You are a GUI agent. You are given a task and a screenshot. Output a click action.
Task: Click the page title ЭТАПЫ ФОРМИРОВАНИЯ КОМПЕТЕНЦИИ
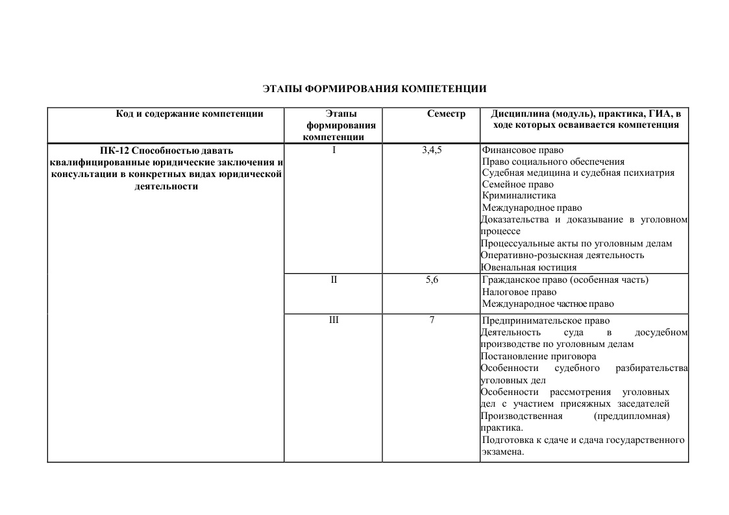(375, 88)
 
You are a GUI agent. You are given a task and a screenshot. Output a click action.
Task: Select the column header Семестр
(446, 114)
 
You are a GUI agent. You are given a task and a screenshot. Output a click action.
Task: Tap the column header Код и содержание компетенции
(190, 114)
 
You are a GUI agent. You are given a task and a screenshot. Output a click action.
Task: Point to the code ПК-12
(115, 150)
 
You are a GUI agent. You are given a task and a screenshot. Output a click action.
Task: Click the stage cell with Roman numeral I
(334, 150)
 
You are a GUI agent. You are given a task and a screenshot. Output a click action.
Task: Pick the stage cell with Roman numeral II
(334, 280)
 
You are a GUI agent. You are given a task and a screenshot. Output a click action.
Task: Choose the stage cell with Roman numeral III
(334, 320)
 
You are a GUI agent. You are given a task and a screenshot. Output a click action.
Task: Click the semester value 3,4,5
(432, 150)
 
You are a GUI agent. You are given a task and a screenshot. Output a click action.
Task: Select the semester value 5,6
(432, 280)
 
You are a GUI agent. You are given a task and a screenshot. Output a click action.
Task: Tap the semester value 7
(432, 320)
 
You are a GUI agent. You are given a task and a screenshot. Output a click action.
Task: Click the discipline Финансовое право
(518, 150)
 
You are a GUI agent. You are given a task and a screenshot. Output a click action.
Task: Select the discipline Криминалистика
(519, 196)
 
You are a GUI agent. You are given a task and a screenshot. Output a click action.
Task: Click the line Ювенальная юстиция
(528, 267)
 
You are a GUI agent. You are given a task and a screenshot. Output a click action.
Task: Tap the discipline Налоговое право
(519, 292)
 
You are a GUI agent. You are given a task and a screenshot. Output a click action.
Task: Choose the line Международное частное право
(548, 304)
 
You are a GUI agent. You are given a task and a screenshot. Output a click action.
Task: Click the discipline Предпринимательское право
(546, 321)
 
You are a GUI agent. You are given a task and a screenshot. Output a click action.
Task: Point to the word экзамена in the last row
(502, 452)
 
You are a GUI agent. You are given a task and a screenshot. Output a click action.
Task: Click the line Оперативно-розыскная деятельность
(562, 256)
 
